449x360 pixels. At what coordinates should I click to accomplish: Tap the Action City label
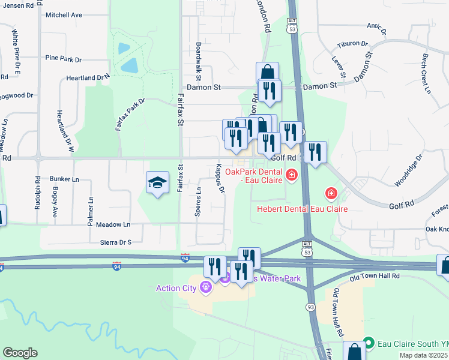pyautogui.click(x=176, y=288)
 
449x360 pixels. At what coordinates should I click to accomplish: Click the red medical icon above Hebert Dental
pyautogui.click(x=330, y=193)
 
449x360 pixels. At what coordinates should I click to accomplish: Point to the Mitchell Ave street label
pyautogui.click(x=63, y=15)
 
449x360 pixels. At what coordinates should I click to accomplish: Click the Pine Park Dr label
pyautogui.click(x=63, y=59)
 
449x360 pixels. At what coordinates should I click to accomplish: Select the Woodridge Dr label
pyautogui.click(x=407, y=170)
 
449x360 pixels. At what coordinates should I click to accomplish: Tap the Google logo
pyautogui.click(x=20, y=353)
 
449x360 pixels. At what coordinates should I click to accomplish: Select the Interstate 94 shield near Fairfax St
pyautogui.click(x=185, y=257)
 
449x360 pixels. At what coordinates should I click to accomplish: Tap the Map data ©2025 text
pyautogui.click(x=424, y=355)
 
